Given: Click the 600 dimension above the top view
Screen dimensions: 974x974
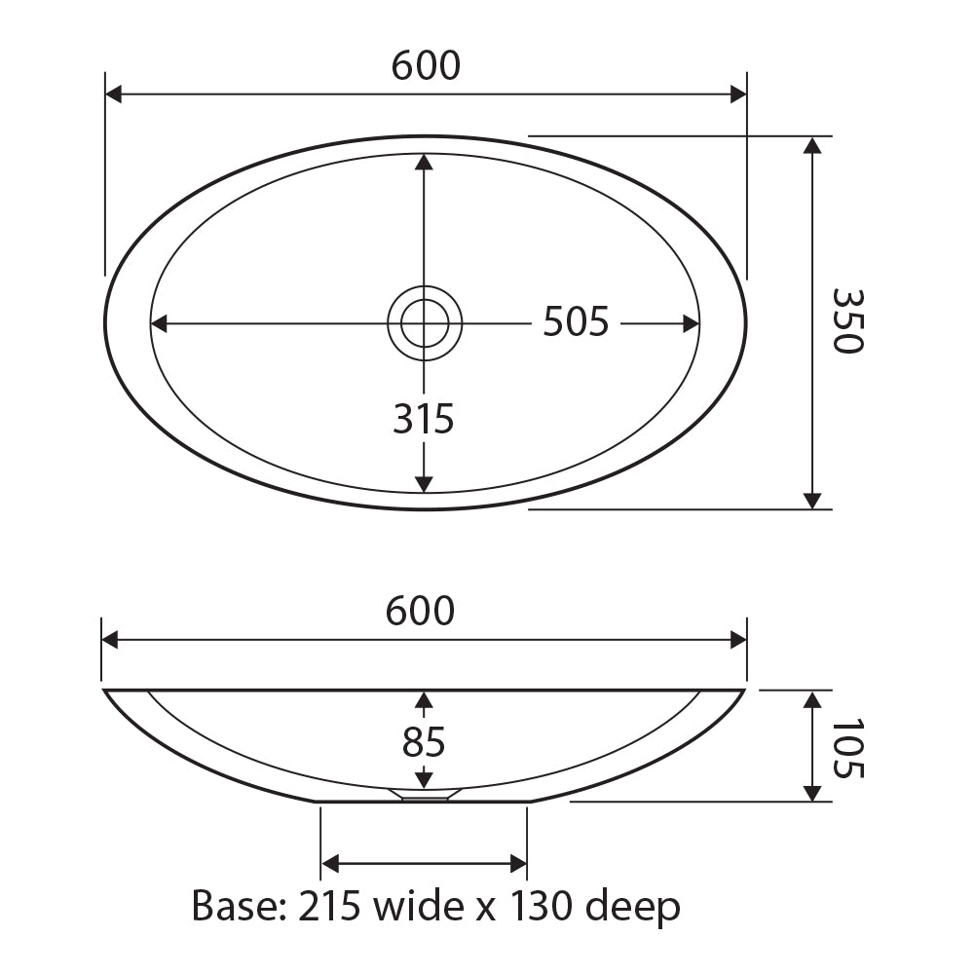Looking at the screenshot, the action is pyautogui.click(x=427, y=65).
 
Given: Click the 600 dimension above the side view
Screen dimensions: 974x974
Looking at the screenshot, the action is pyautogui.click(x=420, y=611).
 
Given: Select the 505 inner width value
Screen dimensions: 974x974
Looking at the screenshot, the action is pyautogui.click(x=576, y=321).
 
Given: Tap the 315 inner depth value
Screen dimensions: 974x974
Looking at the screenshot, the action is pyautogui.click(x=424, y=418).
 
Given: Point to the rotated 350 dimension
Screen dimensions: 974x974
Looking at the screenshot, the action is pyautogui.click(x=847, y=321).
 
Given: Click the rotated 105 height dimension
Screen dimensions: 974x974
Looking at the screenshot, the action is pyautogui.click(x=847, y=748).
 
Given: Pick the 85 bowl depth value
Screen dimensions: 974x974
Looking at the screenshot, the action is pyautogui.click(x=424, y=741).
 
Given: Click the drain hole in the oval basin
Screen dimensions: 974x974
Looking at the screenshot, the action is pyautogui.click(x=425, y=323).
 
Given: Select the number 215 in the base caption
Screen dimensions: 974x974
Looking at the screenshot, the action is pyautogui.click(x=329, y=906).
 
